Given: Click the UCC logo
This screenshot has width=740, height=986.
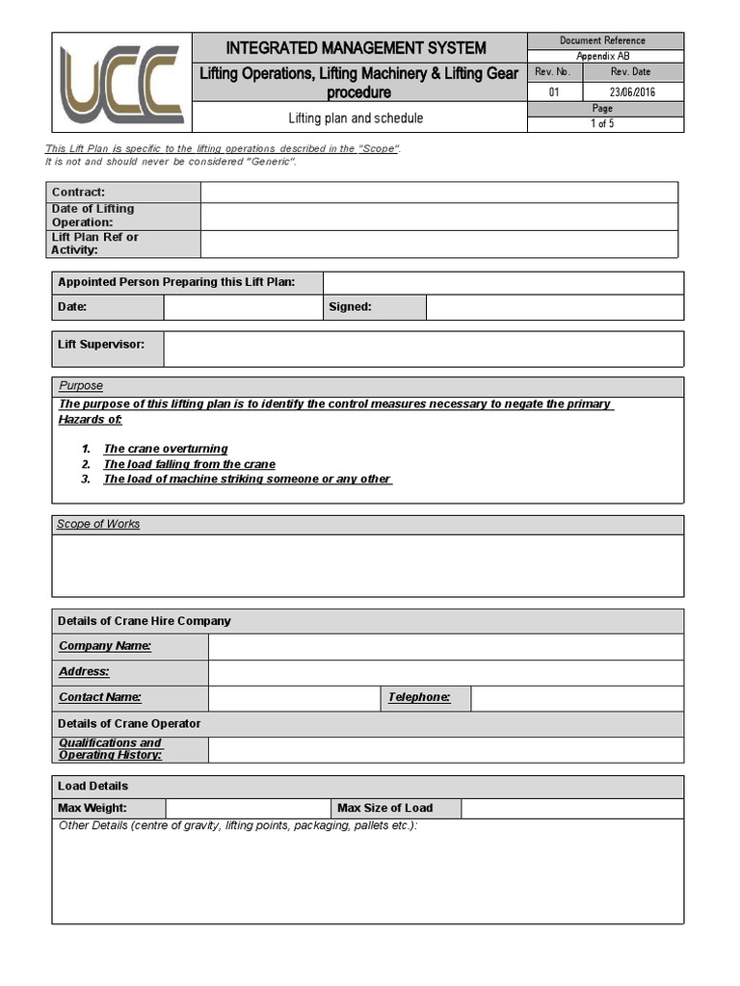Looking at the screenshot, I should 121,83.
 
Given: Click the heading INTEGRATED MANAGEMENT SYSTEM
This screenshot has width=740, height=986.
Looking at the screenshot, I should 356,48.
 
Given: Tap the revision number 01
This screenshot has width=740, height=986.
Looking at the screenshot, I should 554,92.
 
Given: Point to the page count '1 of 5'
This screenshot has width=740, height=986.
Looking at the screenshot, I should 602,124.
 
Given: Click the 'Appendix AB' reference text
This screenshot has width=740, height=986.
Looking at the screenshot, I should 603,56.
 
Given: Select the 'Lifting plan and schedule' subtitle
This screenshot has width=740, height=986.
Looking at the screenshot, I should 356,118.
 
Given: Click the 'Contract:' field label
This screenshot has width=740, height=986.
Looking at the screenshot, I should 79,193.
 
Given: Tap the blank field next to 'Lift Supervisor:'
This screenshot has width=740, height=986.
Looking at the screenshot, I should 423,349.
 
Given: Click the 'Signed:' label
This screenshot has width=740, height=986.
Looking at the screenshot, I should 350,307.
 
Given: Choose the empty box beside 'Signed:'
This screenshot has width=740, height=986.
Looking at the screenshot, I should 554,307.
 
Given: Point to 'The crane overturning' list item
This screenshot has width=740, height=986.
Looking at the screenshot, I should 166,449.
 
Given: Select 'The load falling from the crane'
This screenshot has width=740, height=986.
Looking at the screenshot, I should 189,464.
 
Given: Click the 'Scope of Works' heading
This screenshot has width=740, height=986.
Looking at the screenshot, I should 98,524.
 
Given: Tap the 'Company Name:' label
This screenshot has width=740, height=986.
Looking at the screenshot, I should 105,646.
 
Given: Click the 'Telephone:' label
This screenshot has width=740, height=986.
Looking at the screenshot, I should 419,697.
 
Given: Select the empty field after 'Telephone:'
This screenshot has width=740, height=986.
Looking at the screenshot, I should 577,697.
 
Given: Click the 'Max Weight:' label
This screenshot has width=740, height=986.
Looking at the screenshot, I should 92,808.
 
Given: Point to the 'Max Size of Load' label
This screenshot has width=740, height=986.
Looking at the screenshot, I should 384,808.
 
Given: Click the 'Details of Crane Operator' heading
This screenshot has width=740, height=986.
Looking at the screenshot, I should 129,723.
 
